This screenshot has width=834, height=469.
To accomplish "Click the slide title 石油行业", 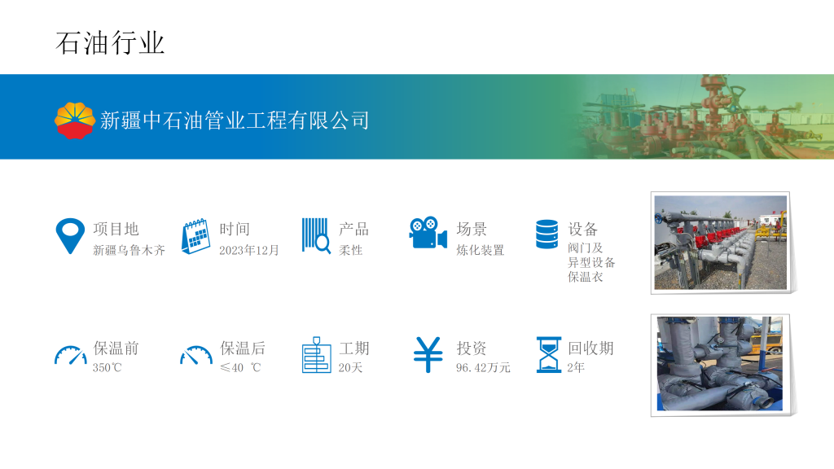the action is coord(110,43).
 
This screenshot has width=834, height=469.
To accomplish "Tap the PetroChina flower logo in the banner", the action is coord(74,121).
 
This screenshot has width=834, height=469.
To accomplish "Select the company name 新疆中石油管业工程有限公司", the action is coord(235,121).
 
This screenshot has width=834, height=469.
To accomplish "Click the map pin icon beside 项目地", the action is coord(70,235).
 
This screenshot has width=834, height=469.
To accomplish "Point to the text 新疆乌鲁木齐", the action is coord(129,250).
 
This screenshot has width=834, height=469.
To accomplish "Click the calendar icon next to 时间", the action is coord(195,236).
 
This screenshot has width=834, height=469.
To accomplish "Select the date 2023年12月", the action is coord(249,250).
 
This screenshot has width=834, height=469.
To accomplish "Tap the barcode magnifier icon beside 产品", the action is coord(317,235).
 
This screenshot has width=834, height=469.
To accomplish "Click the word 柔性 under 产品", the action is coord(350,250).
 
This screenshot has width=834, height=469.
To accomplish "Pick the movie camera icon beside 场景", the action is coord(428,232).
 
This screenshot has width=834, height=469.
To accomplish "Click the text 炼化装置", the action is coord(480,250).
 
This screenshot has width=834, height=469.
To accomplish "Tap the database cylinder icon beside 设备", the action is coord(546,234).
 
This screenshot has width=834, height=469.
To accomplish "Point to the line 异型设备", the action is coord(591,262).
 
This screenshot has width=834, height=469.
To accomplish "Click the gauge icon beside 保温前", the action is coord(71,355).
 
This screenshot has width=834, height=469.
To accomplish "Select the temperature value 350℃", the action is coord(107,367).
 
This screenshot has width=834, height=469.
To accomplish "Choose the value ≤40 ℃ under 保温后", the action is coord(240,367).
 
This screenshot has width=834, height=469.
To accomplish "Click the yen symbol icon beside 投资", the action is coord(428,355).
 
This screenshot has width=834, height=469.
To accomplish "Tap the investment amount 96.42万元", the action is coord(483,367).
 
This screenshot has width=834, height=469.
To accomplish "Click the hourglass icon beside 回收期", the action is coord(549,355).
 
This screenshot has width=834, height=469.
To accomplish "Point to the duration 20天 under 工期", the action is coord(350,367).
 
